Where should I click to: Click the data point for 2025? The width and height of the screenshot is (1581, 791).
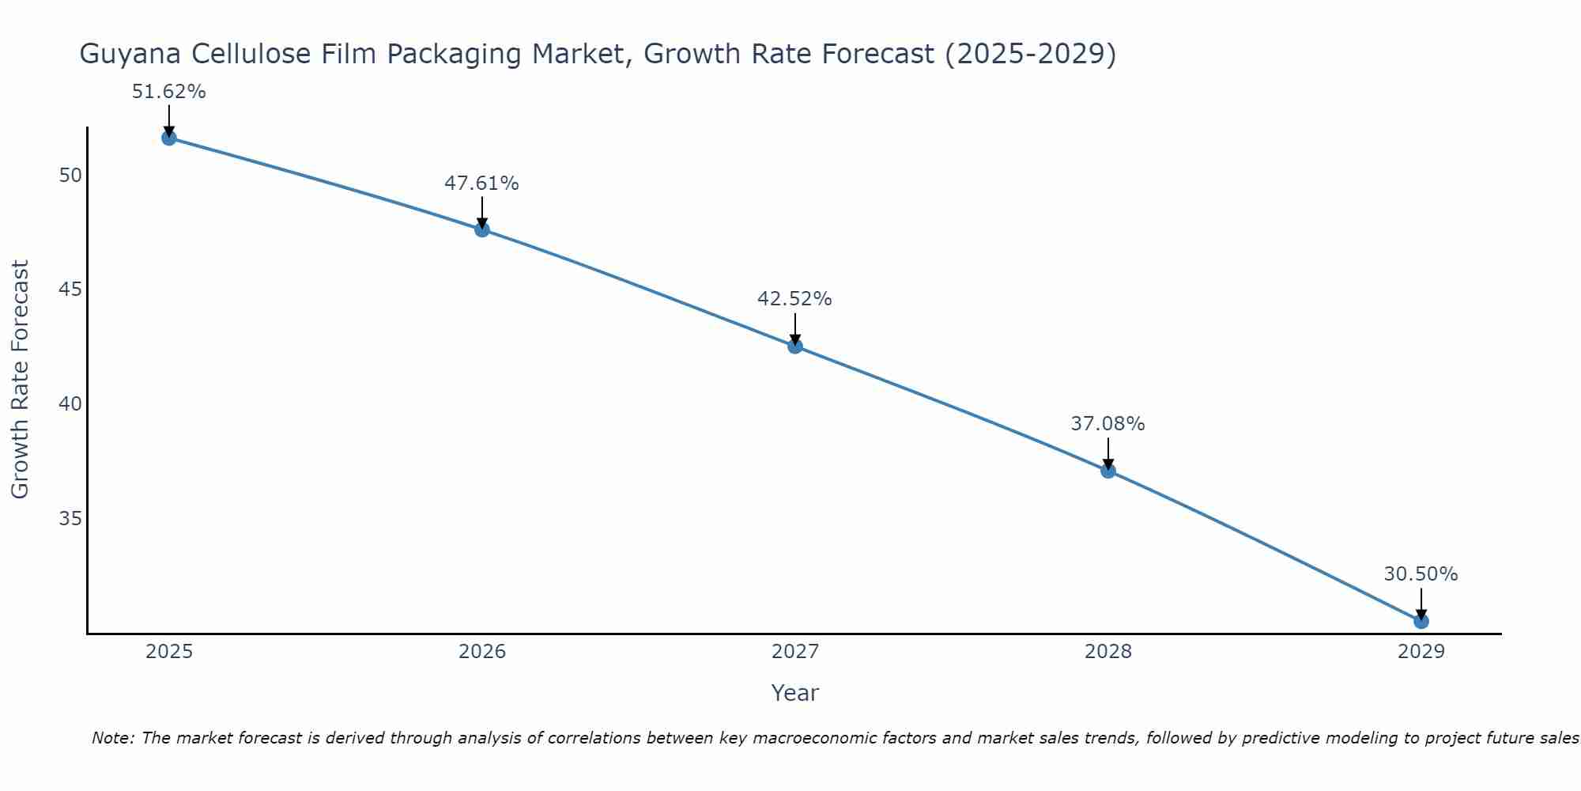coord(168,138)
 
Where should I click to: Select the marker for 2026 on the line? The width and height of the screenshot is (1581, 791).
coord(482,229)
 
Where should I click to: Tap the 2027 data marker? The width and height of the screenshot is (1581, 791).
coord(795,346)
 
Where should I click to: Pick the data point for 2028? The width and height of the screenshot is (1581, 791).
coord(1108,471)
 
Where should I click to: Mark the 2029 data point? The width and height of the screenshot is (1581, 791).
coord(1421,621)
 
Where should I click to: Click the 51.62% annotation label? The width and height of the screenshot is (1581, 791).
coord(168,92)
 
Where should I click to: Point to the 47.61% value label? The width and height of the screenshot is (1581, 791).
coord(481,184)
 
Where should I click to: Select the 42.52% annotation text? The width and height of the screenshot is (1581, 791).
coord(794,299)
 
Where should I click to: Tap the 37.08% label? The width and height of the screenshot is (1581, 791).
coord(1107,424)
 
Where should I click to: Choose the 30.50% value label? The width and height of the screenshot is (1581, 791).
coord(1421,574)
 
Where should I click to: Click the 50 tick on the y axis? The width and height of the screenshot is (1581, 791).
coord(70,175)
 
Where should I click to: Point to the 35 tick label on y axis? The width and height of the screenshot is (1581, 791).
coord(70,519)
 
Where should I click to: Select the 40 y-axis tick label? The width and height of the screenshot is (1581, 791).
coord(70,404)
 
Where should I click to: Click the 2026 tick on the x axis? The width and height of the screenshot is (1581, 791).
coord(482,652)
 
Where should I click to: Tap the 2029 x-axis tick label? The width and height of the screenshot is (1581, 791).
coord(1421,652)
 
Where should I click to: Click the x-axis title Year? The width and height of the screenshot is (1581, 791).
coord(794,693)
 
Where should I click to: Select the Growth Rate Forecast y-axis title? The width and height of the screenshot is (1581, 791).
coord(21,380)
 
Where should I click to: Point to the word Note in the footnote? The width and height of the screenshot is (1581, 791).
coord(113,738)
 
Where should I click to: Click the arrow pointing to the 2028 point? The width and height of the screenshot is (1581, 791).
coord(1108,454)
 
